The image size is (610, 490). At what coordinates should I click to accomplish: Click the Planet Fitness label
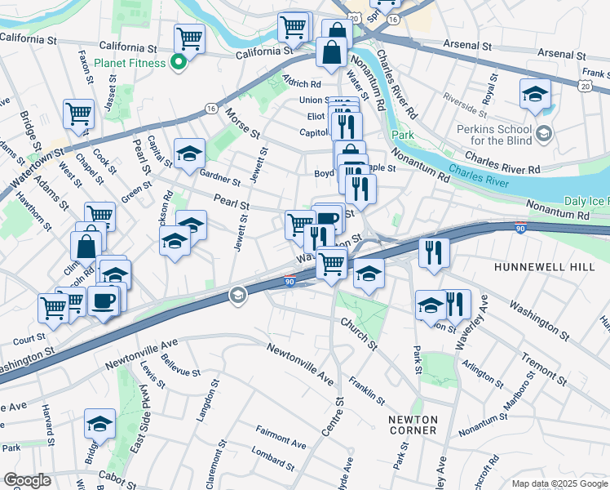pos(130,62)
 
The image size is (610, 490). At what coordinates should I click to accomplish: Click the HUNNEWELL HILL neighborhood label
pos(534,267)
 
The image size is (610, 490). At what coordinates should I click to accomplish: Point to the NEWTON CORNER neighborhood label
pos(412,424)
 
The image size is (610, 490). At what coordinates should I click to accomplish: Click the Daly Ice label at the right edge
pos(585,201)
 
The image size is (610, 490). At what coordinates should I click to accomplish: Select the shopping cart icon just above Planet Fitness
pos(189,38)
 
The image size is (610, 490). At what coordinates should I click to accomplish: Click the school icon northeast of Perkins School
pos(534,93)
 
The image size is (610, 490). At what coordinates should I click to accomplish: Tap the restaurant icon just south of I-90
pos(434,252)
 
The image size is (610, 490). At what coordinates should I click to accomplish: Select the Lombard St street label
pos(272,456)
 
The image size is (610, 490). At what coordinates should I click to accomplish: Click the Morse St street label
pos(243,122)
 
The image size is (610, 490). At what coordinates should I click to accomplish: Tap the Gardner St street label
pos(219,177)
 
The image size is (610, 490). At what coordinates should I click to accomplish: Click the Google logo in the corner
pos(27,480)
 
